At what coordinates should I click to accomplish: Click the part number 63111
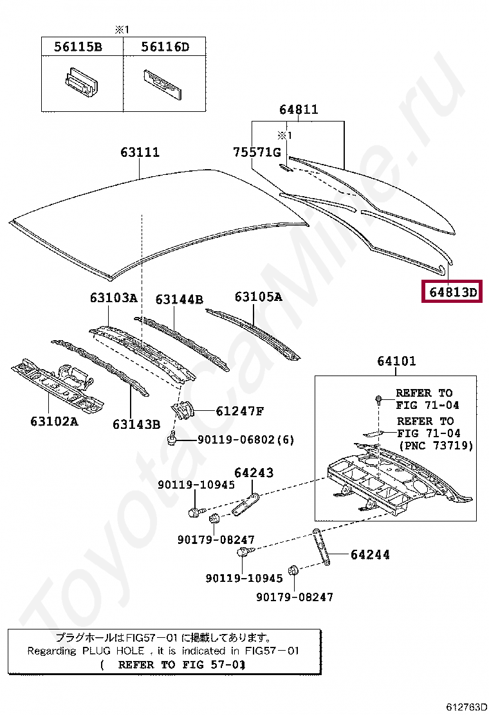click(140, 152)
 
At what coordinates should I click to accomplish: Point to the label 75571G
click(257, 152)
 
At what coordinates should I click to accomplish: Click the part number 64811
click(298, 109)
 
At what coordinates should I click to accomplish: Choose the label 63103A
click(113, 298)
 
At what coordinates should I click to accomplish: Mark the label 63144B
click(179, 299)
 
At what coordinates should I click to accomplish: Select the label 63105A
click(258, 296)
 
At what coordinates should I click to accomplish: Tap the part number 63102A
click(54, 421)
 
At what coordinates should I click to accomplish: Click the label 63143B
click(136, 424)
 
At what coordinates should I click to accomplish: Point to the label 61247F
click(239, 411)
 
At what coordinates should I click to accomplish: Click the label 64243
click(254, 473)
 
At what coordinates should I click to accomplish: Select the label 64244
click(370, 554)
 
